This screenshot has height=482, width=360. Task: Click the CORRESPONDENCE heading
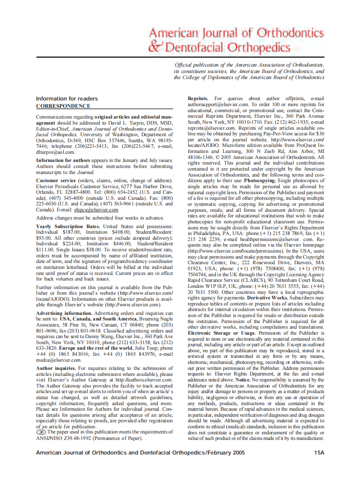coord(63,106)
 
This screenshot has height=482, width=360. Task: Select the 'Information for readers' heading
coord(67,99)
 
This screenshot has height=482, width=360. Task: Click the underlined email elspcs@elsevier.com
coord(96,210)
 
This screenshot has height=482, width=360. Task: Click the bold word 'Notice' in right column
coord(242,380)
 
